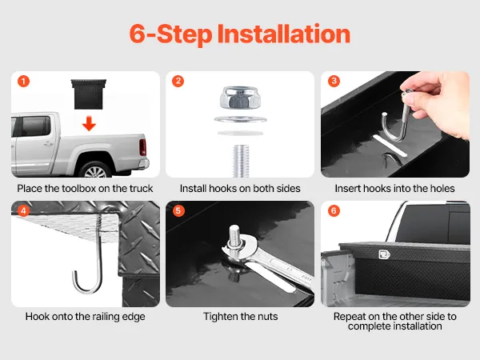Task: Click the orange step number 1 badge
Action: tap(23, 82)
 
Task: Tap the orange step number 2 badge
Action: tap(178, 82)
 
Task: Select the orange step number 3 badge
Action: tap(334, 81)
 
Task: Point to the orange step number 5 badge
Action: tap(178, 211)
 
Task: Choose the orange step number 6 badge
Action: tap(334, 211)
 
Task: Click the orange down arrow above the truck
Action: tap(89, 123)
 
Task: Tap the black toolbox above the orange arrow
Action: tap(89, 94)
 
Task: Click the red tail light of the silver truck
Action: tap(142, 147)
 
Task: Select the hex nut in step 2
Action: tap(240, 98)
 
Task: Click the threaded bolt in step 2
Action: tap(241, 161)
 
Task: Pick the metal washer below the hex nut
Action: tap(240, 119)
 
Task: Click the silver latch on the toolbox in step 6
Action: tap(384, 254)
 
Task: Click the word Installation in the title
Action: tap(284, 34)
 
